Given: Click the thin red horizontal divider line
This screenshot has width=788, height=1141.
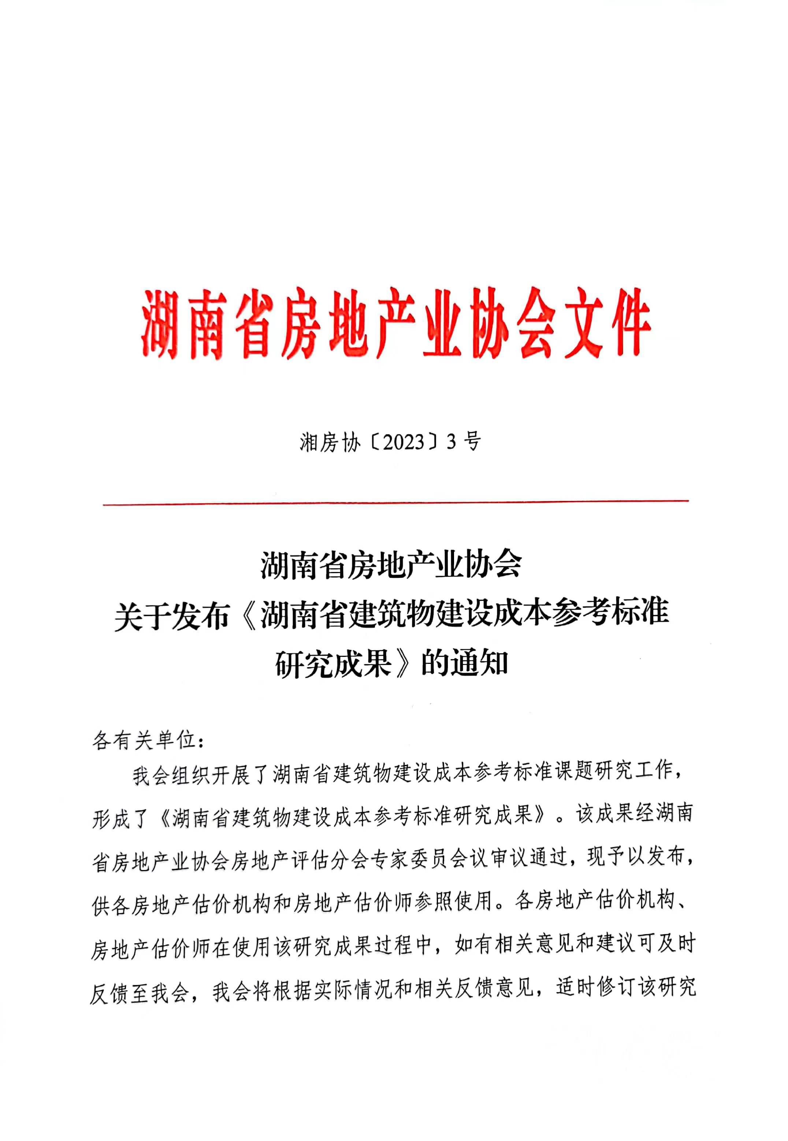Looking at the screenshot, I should coord(395,503).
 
